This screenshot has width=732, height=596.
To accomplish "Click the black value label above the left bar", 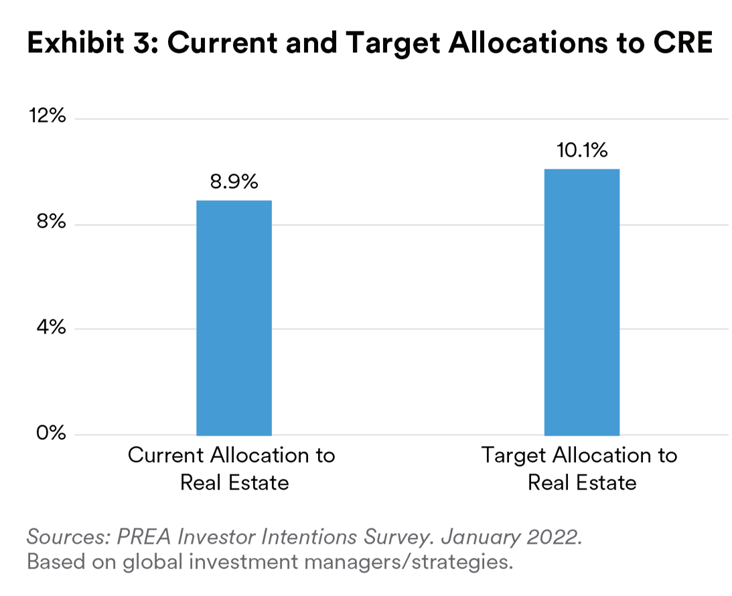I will [x=234, y=171].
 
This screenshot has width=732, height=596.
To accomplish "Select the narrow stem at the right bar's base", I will [x=581, y=437].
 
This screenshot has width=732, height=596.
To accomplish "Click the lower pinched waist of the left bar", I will [x=234, y=328].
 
